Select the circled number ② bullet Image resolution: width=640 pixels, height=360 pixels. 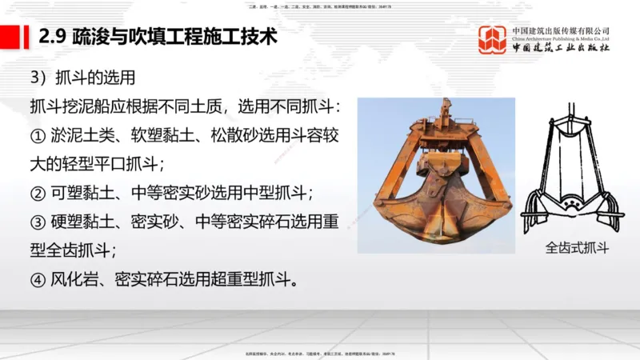click(38, 193)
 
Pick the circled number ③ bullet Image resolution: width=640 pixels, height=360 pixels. click(38, 222)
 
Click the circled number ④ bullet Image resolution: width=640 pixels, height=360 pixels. click(38, 281)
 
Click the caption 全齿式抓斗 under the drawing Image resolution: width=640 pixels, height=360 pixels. click(577, 247)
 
